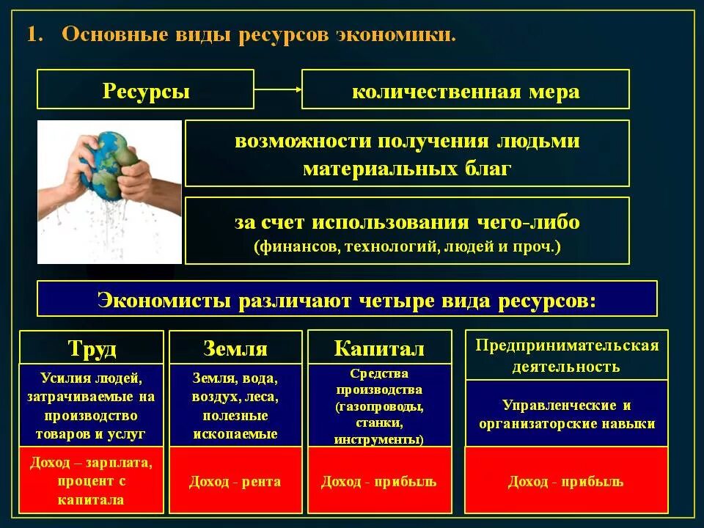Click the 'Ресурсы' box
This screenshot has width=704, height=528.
pos(146,89)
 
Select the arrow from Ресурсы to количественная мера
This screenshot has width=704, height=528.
pos(278,89)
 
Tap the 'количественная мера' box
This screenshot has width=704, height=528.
pos(466,89)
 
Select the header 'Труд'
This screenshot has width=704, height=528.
pos(92,348)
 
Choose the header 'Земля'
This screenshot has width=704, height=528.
pos(235,348)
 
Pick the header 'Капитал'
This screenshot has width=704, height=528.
pos(379,348)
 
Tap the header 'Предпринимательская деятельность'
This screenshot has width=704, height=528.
pos(567,355)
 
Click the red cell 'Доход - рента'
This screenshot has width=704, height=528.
pos(235,482)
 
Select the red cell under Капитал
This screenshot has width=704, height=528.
pos(379,482)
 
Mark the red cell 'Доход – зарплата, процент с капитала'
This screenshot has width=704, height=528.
pos(92,482)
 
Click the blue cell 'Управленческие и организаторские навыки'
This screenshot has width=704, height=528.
pos(567,414)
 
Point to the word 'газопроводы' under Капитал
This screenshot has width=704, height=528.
pos(381,406)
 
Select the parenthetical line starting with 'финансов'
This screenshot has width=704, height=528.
pos(407,247)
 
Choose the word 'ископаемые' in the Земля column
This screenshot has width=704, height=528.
pos(235,433)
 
